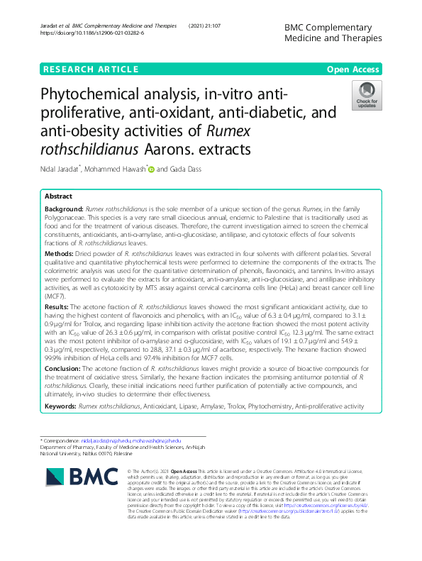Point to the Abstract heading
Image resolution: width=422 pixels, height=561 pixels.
[x=58, y=196]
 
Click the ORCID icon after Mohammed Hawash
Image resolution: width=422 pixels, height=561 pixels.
[x=150, y=168]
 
